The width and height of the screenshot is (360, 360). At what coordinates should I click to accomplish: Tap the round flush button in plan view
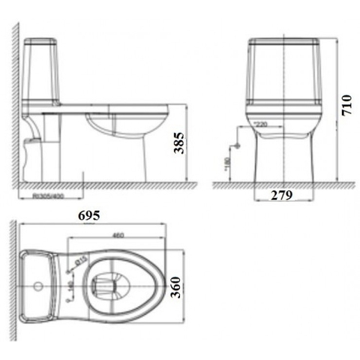(37, 286)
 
